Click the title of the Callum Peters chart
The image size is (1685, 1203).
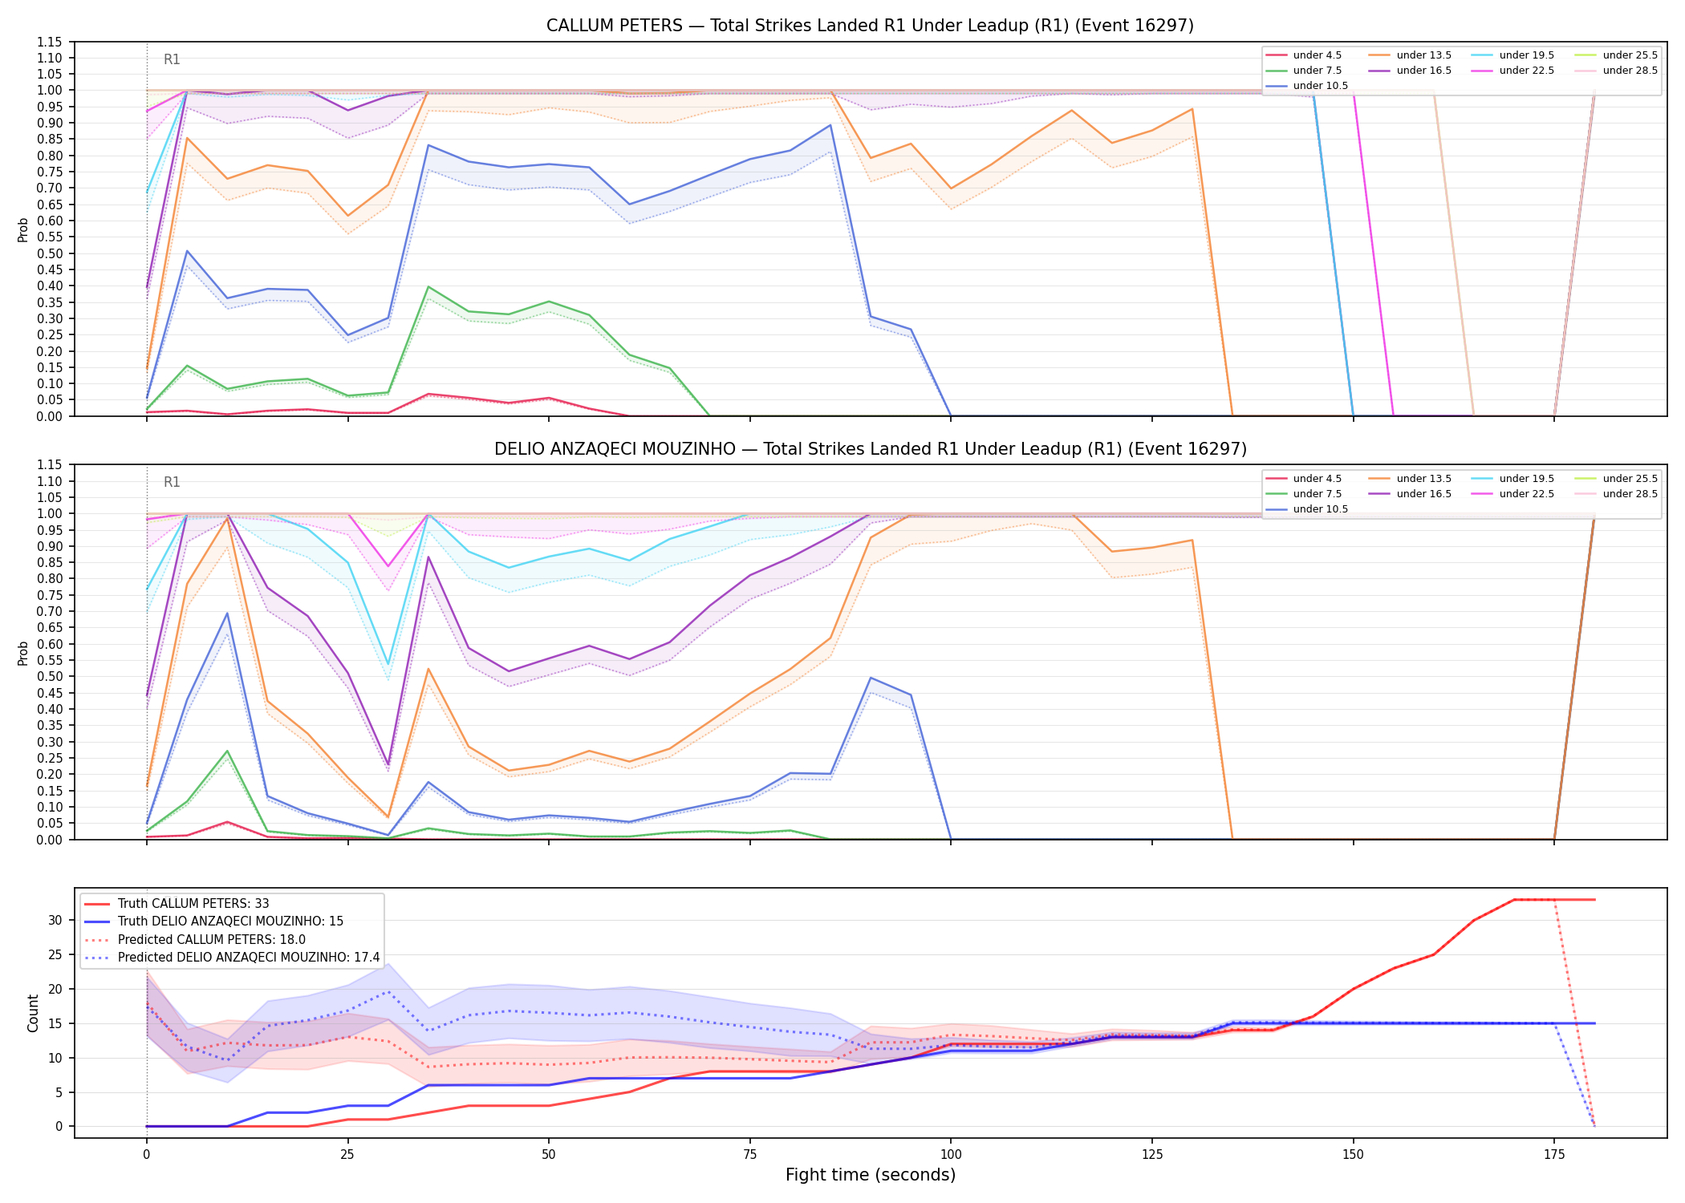pos(870,26)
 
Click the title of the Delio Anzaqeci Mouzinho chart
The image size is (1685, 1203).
pos(870,449)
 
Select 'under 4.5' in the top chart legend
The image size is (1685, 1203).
pos(1317,55)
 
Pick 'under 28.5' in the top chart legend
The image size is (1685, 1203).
pos(1630,71)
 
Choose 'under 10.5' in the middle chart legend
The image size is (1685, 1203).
pos(1320,509)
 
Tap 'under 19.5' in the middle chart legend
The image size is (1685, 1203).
pos(1526,479)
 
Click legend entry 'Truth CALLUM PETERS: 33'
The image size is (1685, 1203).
pos(193,904)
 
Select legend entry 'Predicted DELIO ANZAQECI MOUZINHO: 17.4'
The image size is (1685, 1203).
pos(249,958)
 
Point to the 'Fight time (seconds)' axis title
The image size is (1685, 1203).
pos(871,1175)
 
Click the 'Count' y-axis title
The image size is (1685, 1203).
pos(33,1013)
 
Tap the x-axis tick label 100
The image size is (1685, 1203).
pos(951,1155)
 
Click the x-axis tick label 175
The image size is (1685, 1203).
pos(1554,1155)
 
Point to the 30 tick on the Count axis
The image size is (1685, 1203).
pos(55,920)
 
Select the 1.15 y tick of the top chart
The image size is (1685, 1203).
pos(50,42)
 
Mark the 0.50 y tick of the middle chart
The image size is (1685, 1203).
pos(50,677)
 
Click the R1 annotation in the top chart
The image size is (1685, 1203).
pos(172,59)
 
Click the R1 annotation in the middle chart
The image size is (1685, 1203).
pos(172,482)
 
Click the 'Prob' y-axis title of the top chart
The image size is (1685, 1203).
pos(23,229)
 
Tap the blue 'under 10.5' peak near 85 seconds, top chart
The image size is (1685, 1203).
pos(830,125)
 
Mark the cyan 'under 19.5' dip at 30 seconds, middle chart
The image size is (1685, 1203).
pos(388,665)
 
